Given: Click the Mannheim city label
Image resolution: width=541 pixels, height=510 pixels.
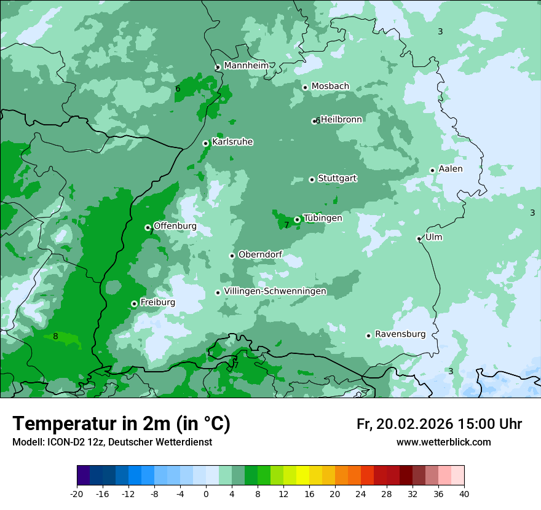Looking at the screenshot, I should (246, 65).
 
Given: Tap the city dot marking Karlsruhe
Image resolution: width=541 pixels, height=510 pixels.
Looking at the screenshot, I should (205, 143).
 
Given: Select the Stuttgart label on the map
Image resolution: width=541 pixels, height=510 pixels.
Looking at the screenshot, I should (337, 178).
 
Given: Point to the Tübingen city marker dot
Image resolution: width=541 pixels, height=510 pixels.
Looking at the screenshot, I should (297, 219).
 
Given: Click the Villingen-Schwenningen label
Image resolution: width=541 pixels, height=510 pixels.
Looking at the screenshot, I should (275, 291).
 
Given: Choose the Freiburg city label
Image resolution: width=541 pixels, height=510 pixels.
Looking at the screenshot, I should (157, 302).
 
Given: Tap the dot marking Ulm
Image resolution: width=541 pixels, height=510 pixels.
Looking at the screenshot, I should (419, 238).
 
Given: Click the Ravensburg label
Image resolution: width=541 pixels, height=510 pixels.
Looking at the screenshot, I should (400, 334).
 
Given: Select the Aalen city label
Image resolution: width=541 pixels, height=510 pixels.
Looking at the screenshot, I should (451, 169).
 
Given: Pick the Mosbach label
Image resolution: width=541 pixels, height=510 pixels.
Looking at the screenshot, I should (330, 86).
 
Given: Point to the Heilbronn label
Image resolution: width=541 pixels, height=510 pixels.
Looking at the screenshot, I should (341, 119).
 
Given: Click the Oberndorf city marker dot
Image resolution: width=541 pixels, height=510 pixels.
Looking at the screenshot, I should (232, 256).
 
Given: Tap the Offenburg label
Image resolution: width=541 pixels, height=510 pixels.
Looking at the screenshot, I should (175, 226).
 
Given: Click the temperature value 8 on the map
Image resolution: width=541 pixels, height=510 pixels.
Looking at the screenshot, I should (55, 336).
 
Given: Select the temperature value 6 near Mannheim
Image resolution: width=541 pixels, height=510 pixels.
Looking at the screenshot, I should (178, 89).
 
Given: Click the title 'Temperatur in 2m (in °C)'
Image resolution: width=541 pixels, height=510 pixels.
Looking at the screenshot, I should (121, 423).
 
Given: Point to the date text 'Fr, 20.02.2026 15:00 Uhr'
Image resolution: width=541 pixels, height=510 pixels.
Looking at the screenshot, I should (439, 424).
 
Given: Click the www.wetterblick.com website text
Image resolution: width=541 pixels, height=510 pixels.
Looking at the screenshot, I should (443, 442).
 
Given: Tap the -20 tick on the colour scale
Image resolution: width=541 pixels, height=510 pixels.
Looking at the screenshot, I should (77, 493).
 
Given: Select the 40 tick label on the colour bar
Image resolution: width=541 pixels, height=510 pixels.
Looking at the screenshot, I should (464, 493).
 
